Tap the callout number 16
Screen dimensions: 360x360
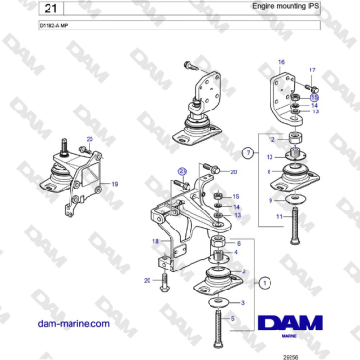[280, 62]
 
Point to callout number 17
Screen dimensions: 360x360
[311, 70]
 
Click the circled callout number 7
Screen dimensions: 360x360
[248, 151]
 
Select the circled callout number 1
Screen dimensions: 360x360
[265, 282]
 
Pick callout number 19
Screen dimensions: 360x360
[115, 182]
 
